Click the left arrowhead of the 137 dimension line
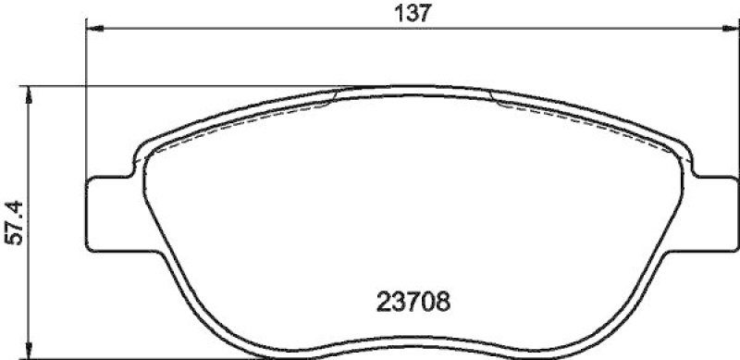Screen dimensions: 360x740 [93, 29]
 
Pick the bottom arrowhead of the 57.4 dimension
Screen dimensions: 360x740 [31, 352]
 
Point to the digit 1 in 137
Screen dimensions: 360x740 [399, 13]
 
